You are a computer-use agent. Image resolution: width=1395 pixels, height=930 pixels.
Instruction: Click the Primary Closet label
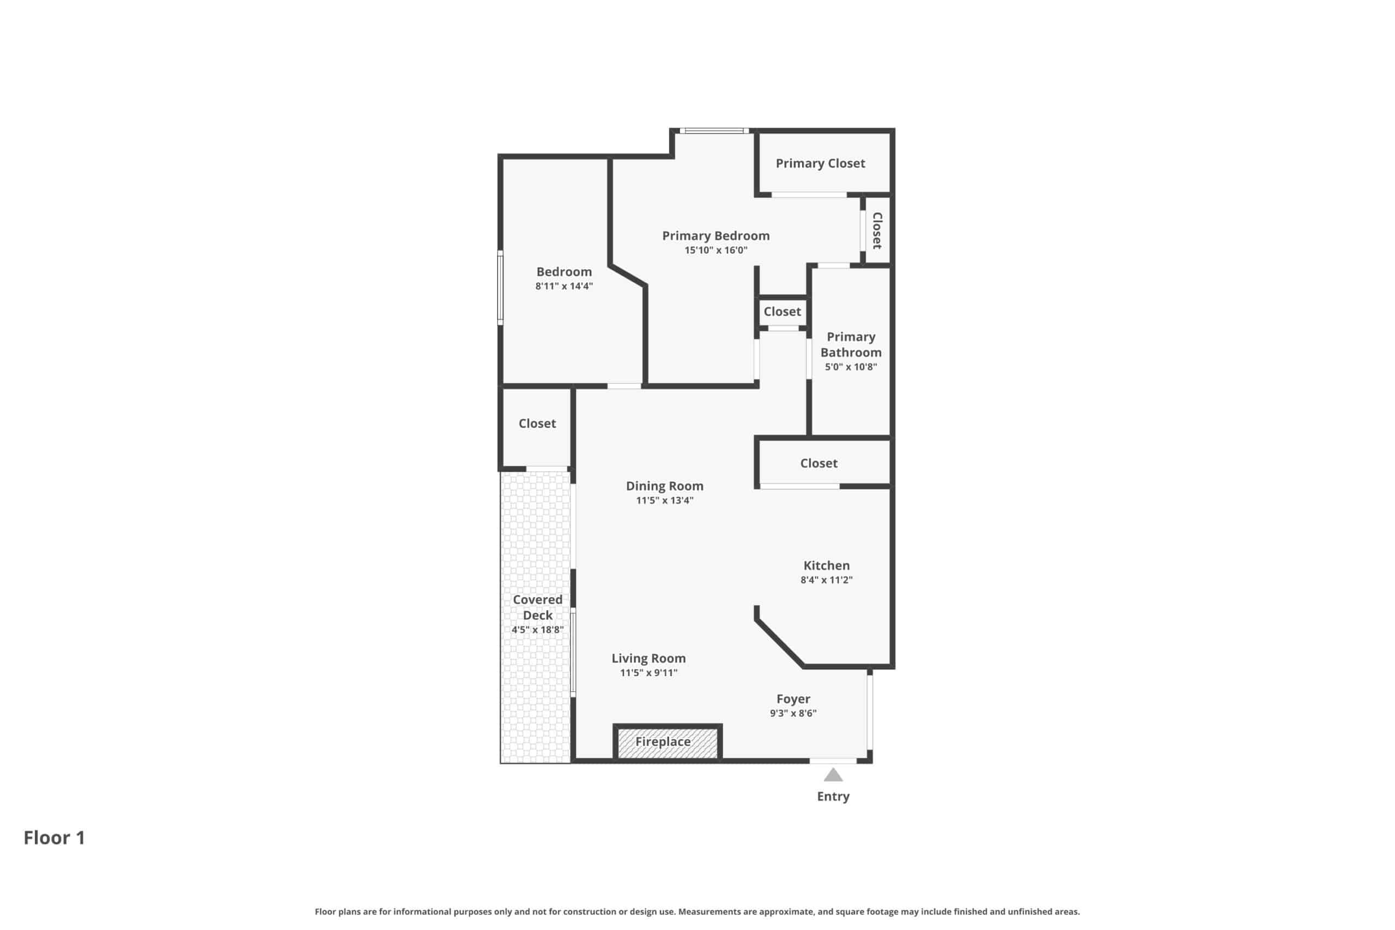coord(820,163)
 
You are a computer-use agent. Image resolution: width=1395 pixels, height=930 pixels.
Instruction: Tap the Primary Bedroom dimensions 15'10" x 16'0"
coord(716,250)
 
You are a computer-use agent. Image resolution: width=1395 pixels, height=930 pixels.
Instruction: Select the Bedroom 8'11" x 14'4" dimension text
coord(564,286)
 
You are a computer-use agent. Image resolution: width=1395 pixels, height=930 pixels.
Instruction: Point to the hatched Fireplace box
coord(667,742)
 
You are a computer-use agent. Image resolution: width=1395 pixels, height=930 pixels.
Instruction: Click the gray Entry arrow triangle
coord(833,775)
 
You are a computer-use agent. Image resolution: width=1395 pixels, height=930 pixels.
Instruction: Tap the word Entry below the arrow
coord(833,797)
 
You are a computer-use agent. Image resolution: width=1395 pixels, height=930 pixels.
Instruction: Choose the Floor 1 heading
coord(54,837)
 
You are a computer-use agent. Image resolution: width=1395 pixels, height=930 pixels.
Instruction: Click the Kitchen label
coord(826,565)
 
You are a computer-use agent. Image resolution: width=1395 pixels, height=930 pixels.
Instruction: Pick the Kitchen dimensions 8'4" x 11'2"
coord(826,580)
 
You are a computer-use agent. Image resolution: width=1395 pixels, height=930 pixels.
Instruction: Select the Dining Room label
coord(665,486)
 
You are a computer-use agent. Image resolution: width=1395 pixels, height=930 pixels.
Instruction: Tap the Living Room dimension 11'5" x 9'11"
coord(649,673)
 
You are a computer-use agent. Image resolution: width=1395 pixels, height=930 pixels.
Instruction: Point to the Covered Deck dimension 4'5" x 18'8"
coord(537,629)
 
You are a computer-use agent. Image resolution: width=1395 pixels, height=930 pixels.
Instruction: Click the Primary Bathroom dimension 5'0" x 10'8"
coord(851,367)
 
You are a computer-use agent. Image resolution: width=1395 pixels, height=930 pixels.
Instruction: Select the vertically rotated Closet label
coord(877,230)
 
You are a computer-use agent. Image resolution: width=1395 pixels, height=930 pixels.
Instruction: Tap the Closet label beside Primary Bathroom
coord(783,312)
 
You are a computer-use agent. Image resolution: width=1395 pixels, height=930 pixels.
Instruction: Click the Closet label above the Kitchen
coord(818,463)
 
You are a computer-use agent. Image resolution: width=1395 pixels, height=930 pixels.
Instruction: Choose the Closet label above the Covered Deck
coord(537,423)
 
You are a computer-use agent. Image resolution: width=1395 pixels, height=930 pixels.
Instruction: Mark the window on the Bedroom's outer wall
coord(501,288)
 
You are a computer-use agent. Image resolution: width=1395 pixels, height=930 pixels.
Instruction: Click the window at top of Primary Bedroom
coord(714,131)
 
